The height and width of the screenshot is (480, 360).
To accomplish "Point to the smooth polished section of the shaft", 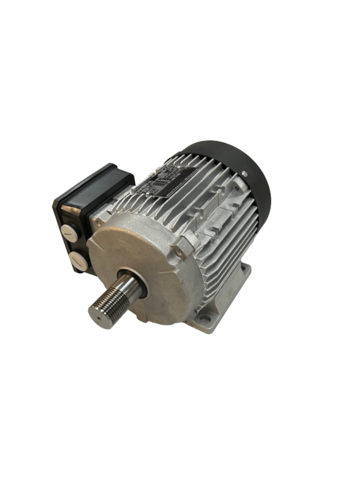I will [136, 285].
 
